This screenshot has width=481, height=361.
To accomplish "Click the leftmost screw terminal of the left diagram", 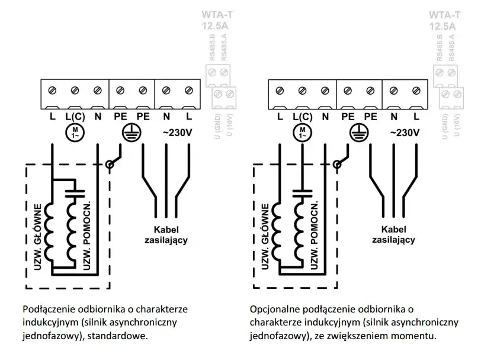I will pos(52,91).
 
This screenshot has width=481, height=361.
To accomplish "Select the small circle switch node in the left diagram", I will pos(109,165).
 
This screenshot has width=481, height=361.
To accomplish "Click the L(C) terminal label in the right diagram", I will pos(302,117).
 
